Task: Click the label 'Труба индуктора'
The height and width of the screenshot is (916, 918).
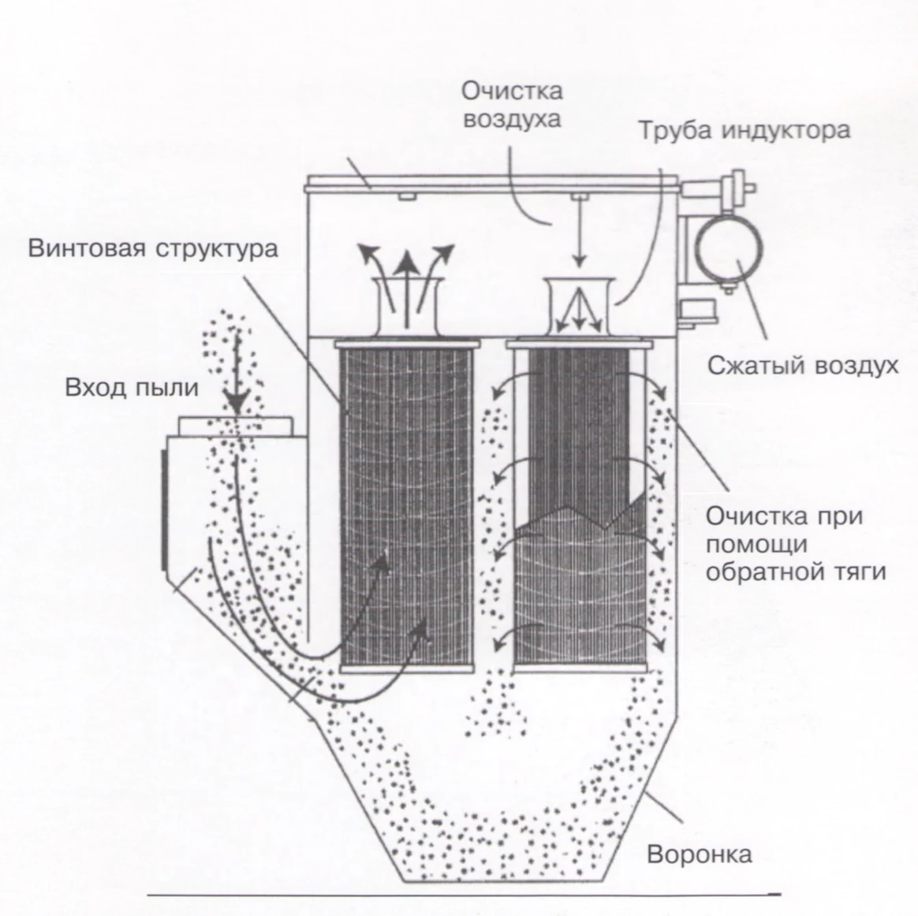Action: (744, 129)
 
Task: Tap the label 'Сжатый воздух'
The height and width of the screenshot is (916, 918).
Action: (802, 366)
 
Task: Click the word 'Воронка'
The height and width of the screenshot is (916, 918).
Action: (700, 855)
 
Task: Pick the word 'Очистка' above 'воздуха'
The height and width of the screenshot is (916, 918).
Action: (513, 91)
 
